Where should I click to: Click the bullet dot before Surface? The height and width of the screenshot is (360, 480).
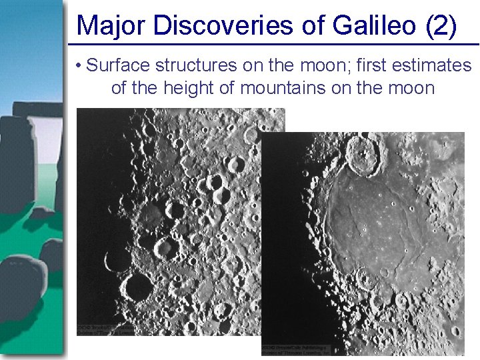point(79,66)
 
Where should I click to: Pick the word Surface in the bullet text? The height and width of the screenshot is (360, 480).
point(117,65)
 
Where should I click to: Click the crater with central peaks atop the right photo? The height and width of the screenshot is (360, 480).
point(365,155)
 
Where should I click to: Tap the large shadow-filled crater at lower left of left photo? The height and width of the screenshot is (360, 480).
point(139,287)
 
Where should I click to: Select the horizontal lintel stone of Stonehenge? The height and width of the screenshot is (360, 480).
point(37,108)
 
